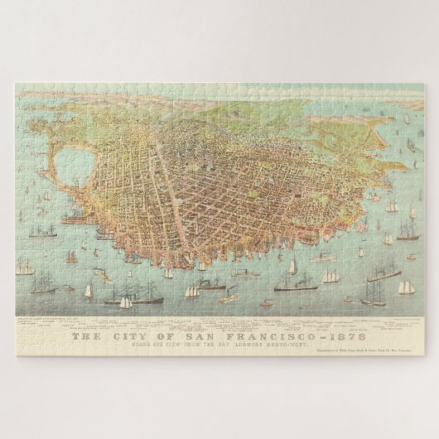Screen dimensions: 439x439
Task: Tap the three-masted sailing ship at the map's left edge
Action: [25, 269]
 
